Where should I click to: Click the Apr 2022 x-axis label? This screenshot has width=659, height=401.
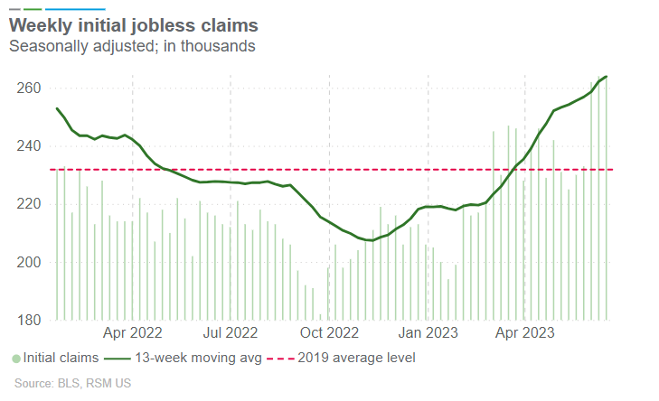click(132, 331)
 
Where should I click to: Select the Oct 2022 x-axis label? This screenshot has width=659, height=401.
click(329, 331)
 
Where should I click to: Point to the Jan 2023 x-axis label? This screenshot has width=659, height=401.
click(427, 331)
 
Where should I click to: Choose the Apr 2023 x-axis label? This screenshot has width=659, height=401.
click(524, 331)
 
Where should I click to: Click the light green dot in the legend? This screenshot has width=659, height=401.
click(15, 359)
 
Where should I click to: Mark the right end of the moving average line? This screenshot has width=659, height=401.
click(606, 77)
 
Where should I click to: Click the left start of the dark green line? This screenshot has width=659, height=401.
click(57, 108)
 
